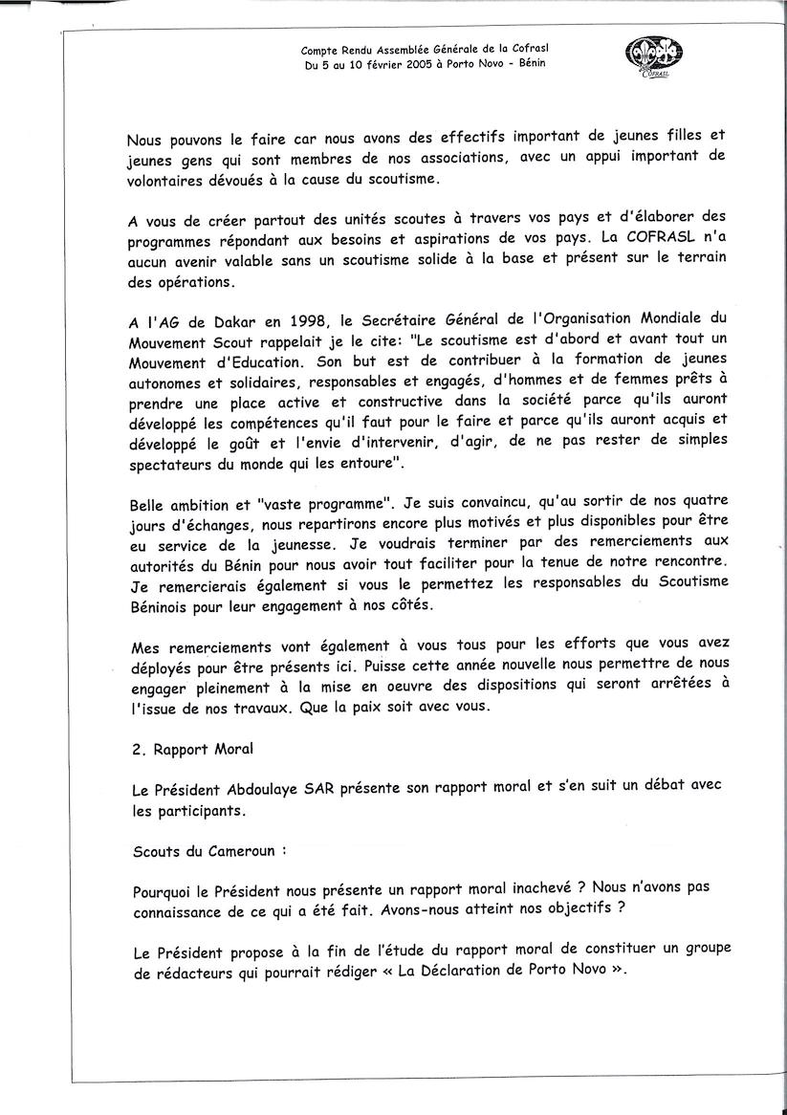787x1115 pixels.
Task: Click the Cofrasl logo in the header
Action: [654, 58]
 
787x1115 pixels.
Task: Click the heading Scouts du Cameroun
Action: [208, 848]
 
